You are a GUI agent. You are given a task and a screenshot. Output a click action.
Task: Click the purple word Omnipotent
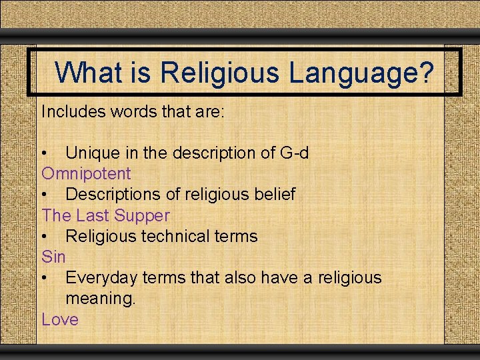point(87,174)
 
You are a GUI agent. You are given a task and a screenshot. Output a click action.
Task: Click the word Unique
point(93,153)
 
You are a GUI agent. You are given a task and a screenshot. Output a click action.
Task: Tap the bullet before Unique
point(45,154)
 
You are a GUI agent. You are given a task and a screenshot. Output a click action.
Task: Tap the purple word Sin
point(53,257)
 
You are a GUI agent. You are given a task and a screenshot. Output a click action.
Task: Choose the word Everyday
point(101,277)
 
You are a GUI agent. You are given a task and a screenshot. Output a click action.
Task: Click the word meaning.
point(100,299)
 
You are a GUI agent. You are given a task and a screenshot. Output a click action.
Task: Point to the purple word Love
point(60,319)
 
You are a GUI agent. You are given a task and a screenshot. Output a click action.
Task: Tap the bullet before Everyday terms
point(45,278)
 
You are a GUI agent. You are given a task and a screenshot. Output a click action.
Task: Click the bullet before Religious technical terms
point(45,237)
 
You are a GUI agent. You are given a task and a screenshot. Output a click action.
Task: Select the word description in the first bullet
point(213,153)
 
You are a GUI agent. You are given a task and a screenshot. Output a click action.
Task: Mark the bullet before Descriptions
point(45,195)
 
